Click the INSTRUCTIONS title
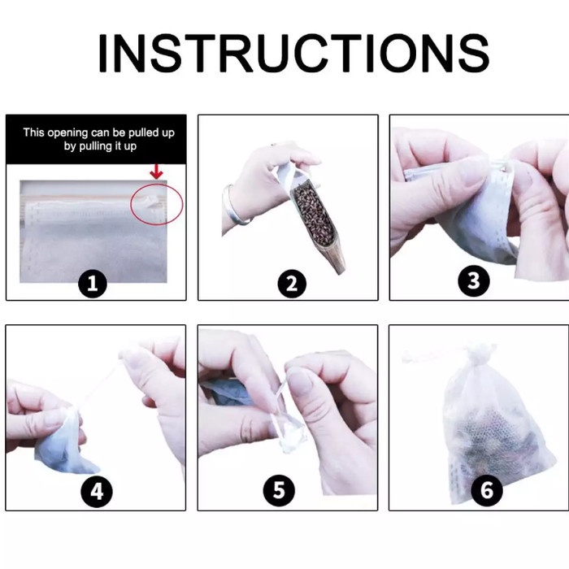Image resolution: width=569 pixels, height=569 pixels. pyautogui.click(x=293, y=54)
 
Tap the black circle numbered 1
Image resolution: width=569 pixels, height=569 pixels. pyautogui.click(x=93, y=284)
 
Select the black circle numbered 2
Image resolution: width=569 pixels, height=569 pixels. pyautogui.click(x=292, y=284)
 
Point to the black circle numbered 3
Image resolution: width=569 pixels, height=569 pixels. pyautogui.click(x=473, y=281)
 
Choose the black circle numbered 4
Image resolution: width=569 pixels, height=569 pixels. pyautogui.click(x=97, y=493)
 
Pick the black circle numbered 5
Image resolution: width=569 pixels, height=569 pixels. pyautogui.click(x=278, y=491)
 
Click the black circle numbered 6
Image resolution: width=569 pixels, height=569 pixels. pyautogui.click(x=486, y=489)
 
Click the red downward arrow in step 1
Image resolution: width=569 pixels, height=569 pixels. pyautogui.click(x=156, y=172)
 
